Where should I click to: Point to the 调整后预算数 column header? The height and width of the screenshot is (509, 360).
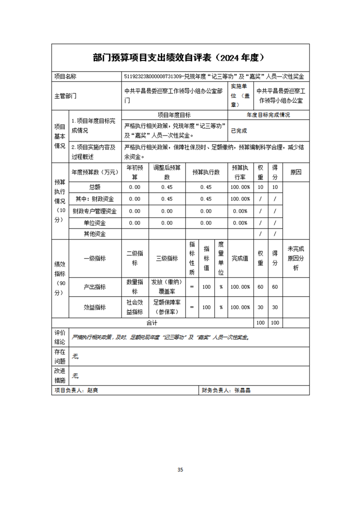coord(167,172)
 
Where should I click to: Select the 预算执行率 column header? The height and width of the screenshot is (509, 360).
coord(240,172)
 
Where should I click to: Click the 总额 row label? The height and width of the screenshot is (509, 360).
coord(94,187)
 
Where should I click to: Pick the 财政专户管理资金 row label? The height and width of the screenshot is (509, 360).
coord(94,211)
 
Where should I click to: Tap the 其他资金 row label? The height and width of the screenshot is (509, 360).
coord(94,234)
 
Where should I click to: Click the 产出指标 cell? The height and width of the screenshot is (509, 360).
coord(94,287)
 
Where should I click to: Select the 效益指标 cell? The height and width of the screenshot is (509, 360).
coord(94,307)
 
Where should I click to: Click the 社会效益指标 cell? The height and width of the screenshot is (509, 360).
coord(134,307)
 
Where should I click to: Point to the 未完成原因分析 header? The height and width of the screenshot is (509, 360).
coord(296,258)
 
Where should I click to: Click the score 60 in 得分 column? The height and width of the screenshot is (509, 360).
coord(275,287)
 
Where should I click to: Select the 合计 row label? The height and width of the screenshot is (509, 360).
coord(152,323)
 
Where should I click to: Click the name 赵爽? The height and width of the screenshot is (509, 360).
coord(92,390)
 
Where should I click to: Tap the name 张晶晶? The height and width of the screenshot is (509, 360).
coord(242,390)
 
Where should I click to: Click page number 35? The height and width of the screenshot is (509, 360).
coord(180,470)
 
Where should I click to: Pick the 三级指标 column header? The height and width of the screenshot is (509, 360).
coord(167,258)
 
